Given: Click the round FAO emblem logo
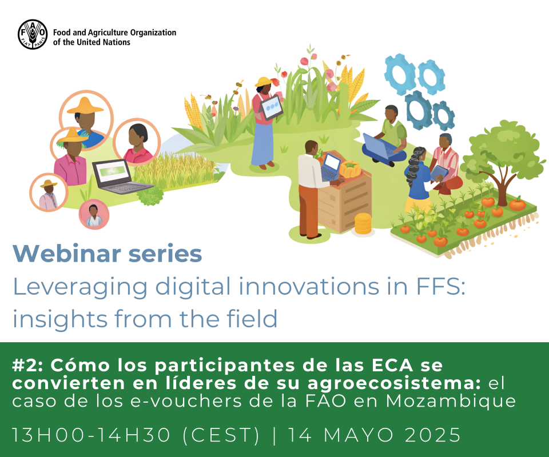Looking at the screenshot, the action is tap(33, 34).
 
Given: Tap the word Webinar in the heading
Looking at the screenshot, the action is tap(67, 254).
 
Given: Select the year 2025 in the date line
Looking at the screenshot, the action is tap(432, 435).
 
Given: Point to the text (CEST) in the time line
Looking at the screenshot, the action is tap(221, 435).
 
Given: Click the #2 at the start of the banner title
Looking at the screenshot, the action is tap(27, 366).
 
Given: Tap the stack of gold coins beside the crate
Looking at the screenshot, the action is tap(363, 224).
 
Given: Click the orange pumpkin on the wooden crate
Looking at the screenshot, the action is tap(350, 169).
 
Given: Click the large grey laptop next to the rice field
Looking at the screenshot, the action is tap(119, 177).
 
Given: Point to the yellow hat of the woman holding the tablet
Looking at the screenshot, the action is tap(264, 82).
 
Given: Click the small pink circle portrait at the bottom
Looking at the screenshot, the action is tap(94, 214).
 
